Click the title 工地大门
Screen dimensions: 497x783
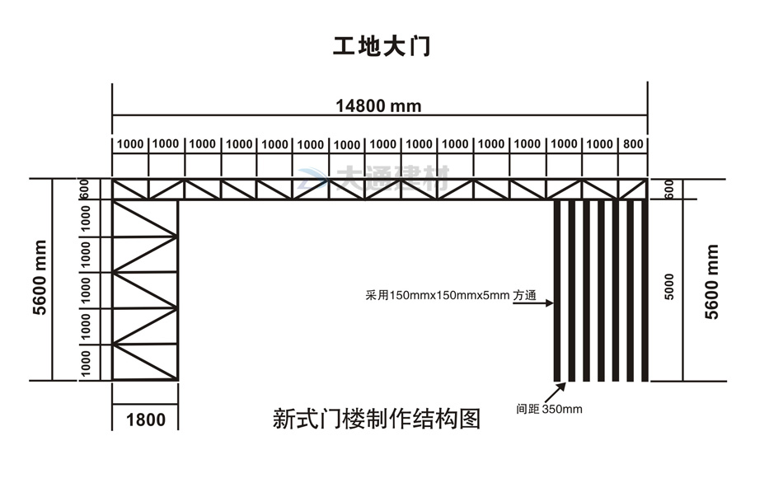382,46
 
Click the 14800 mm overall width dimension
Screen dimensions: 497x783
378,105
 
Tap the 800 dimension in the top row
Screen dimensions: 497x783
633,144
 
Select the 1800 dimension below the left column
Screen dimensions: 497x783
145,420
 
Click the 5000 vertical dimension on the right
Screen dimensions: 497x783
669,286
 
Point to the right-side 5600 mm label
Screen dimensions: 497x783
712,281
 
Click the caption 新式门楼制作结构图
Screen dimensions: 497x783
376,420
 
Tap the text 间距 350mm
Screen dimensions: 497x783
549,408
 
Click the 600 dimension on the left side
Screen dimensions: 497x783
83,189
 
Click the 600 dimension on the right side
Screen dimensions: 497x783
669,189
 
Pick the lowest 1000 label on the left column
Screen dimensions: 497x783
84,363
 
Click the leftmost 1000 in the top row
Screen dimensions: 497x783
130,144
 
